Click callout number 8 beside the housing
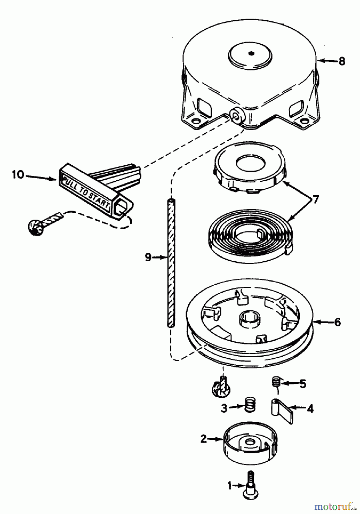[341, 61]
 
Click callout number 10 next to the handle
[18, 174]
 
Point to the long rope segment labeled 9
[171, 263]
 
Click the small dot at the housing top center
[251, 53]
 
